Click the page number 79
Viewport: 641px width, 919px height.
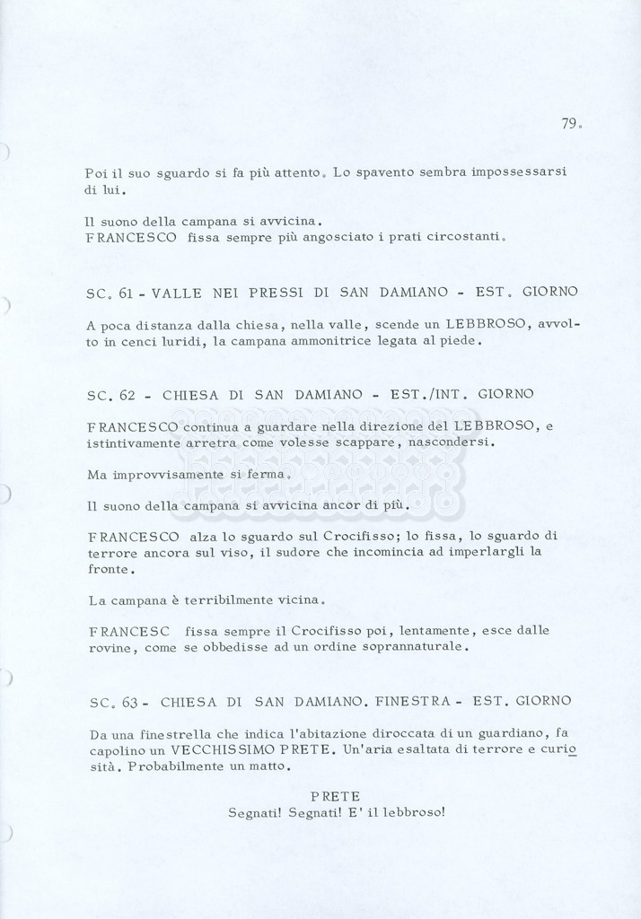[570, 124]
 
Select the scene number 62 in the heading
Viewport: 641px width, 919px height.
[127, 394]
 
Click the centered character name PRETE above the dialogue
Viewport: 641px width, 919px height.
[335, 796]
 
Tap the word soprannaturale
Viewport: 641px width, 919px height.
[417, 647]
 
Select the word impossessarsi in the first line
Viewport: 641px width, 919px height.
[522, 171]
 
